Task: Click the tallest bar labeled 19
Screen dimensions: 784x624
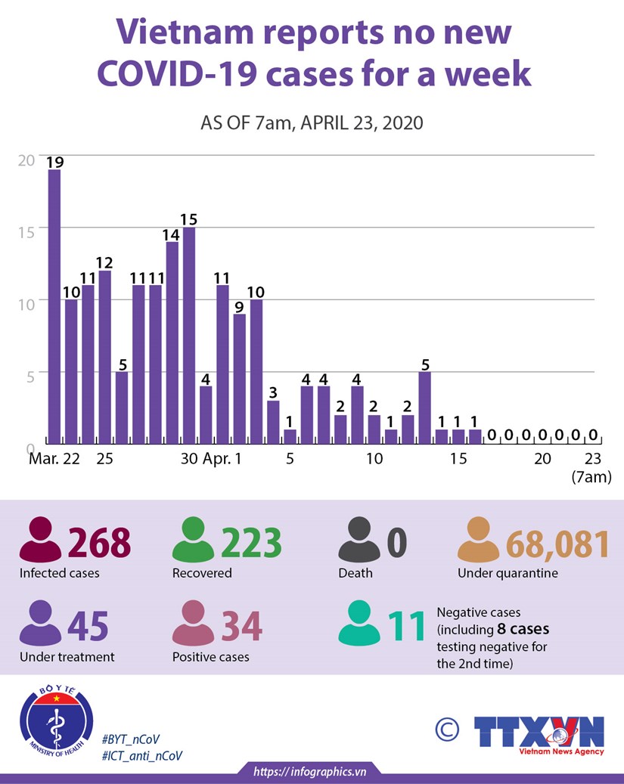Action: pyautogui.click(x=54, y=306)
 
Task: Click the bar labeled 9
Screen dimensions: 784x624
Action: pyautogui.click(x=240, y=378)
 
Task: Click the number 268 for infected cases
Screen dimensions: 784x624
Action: pyautogui.click(x=100, y=544)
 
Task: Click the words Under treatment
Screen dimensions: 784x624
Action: pyautogui.click(x=67, y=657)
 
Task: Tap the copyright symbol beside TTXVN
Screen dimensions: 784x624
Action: pyautogui.click(x=447, y=730)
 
